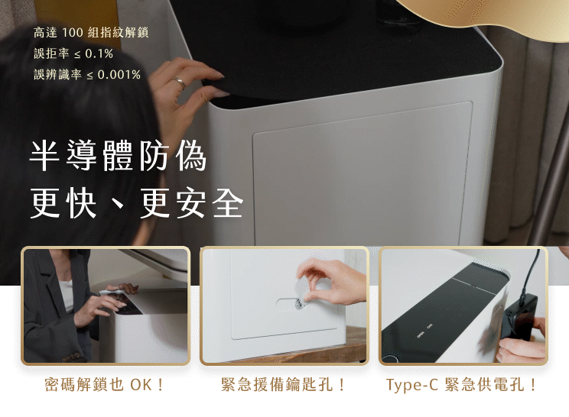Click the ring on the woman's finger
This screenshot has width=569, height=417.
tap(179, 82)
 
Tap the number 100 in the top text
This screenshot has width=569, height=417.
tap(72, 33)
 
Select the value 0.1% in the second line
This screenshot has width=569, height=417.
tap(99, 54)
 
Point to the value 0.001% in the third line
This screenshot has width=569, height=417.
tap(119, 75)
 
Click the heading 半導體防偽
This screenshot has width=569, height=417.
tap(119, 156)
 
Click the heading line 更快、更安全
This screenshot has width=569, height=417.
tap(136, 203)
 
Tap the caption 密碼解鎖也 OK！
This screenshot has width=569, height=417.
tap(104, 384)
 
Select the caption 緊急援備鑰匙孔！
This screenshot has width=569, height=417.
tap(283, 384)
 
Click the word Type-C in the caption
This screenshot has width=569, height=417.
tap(412, 385)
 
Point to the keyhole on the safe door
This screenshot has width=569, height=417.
tap(298, 304)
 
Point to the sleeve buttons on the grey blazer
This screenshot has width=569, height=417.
tap(71, 357)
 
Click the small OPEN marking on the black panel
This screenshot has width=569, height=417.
tap(420, 335)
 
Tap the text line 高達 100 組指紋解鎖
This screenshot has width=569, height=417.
tap(91, 33)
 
